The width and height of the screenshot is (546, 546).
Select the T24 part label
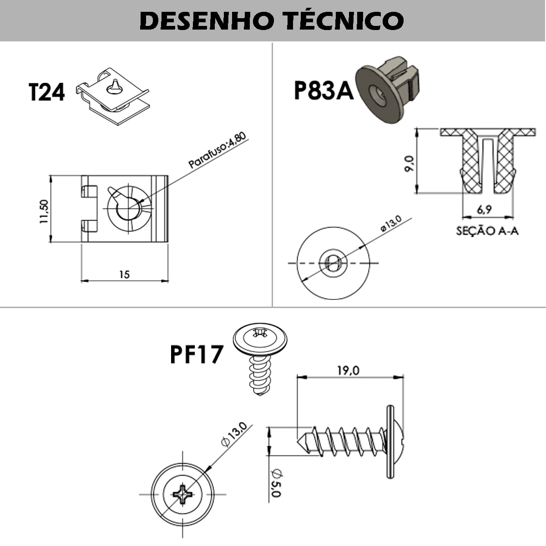click(x=47, y=92)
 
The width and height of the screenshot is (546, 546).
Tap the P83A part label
click(x=323, y=90)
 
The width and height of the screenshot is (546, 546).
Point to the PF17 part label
click(x=197, y=354)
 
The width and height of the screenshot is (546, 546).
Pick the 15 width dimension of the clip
click(x=124, y=274)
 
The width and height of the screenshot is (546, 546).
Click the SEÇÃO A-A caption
click(x=487, y=231)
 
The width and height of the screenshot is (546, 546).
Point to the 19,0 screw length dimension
click(x=348, y=370)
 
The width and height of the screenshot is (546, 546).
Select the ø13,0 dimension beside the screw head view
click(x=233, y=435)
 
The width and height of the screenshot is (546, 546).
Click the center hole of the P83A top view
click(x=332, y=263)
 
